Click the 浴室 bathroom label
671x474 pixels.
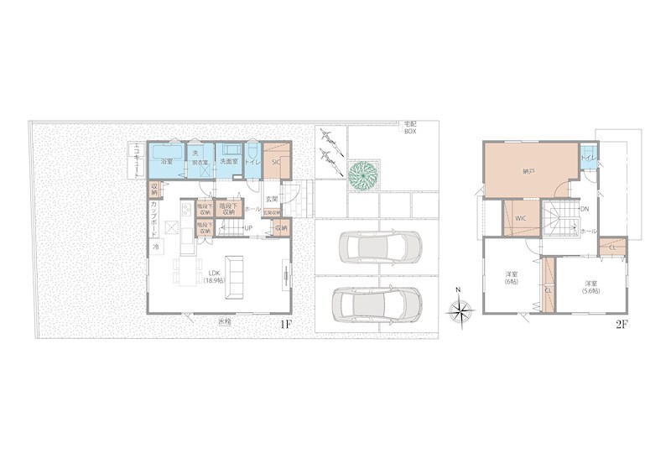tap(166, 162)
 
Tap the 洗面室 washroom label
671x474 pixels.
tap(228, 162)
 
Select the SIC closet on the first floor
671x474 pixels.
tap(276, 162)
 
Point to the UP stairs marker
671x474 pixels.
tap(248, 228)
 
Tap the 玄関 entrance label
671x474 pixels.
tap(272, 199)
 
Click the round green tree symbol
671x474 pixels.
tap(364, 174)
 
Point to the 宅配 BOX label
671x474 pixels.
tap(410, 128)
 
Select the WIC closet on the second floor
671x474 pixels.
tap(520, 218)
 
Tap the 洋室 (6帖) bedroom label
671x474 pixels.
tap(510, 279)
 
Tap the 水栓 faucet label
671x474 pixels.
tap(224, 321)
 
